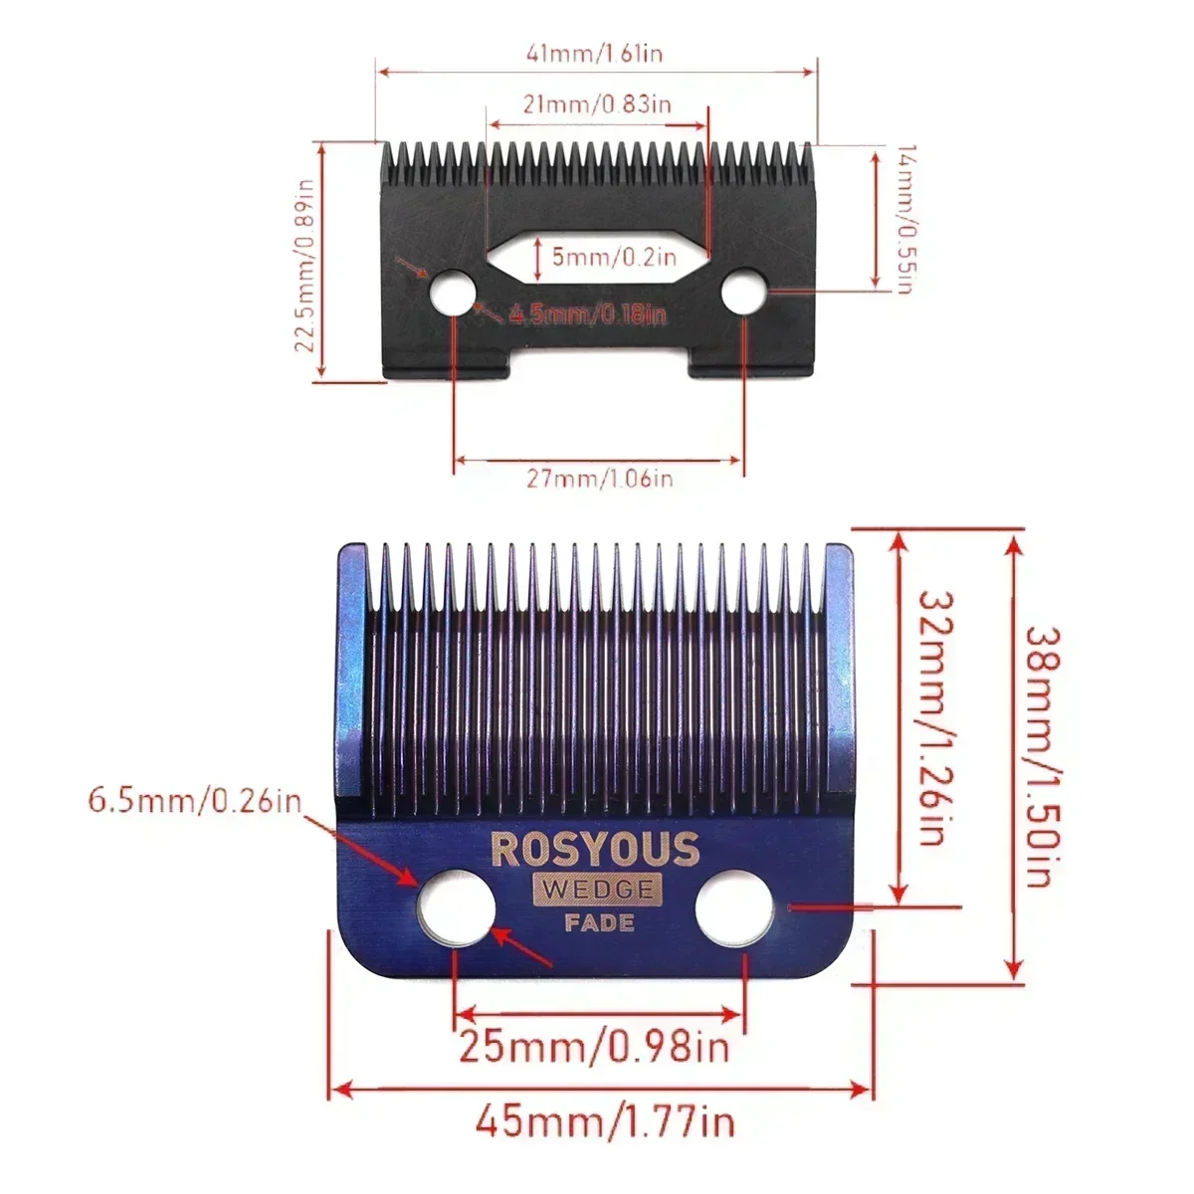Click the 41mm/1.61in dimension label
click(596, 52)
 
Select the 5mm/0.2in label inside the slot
click(615, 257)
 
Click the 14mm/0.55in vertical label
click(902, 219)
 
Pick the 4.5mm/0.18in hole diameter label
click(587, 314)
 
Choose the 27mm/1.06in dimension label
click(599, 479)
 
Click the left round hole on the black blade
click(453, 294)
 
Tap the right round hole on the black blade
click(742, 294)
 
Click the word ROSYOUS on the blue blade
click(595, 849)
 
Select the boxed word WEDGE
click(596, 889)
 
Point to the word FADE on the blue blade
click(599, 922)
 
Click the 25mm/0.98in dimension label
click(594, 1047)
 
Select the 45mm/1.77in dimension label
click(604, 1122)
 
